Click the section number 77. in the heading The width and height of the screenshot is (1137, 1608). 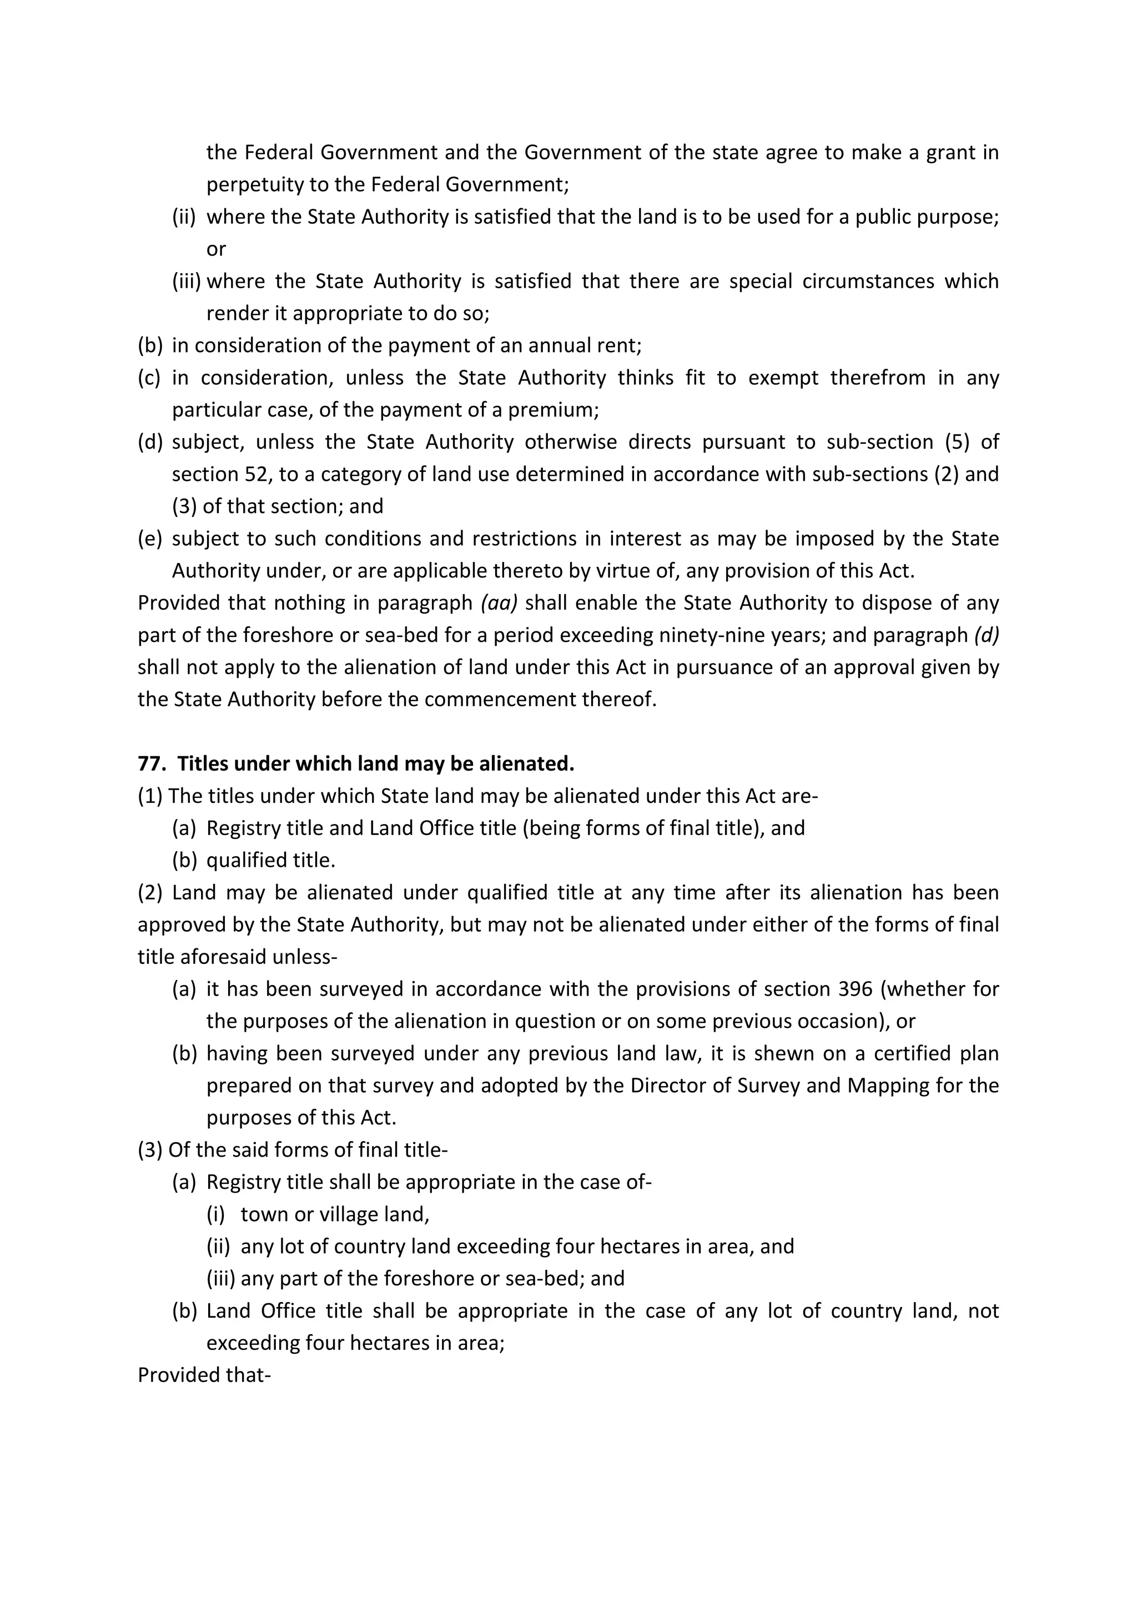(151, 764)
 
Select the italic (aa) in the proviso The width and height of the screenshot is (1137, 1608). (499, 603)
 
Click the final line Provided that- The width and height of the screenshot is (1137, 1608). (204, 1375)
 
